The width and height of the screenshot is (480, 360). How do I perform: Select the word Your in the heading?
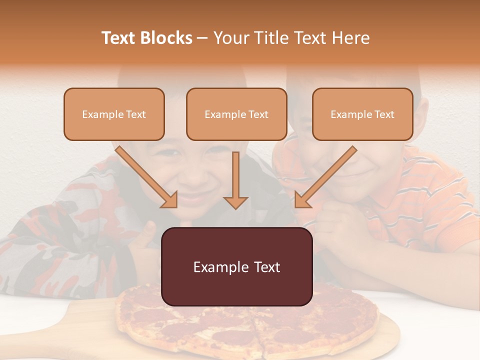[x=229, y=38]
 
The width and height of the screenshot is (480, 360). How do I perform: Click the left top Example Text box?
[x=114, y=114]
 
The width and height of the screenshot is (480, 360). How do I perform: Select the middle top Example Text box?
[x=236, y=114]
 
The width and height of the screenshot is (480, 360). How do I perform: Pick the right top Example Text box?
[x=362, y=114]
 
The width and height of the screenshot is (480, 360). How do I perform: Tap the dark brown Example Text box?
[x=236, y=266]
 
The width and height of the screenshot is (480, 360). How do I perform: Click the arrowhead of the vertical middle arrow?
[x=236, y=202]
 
